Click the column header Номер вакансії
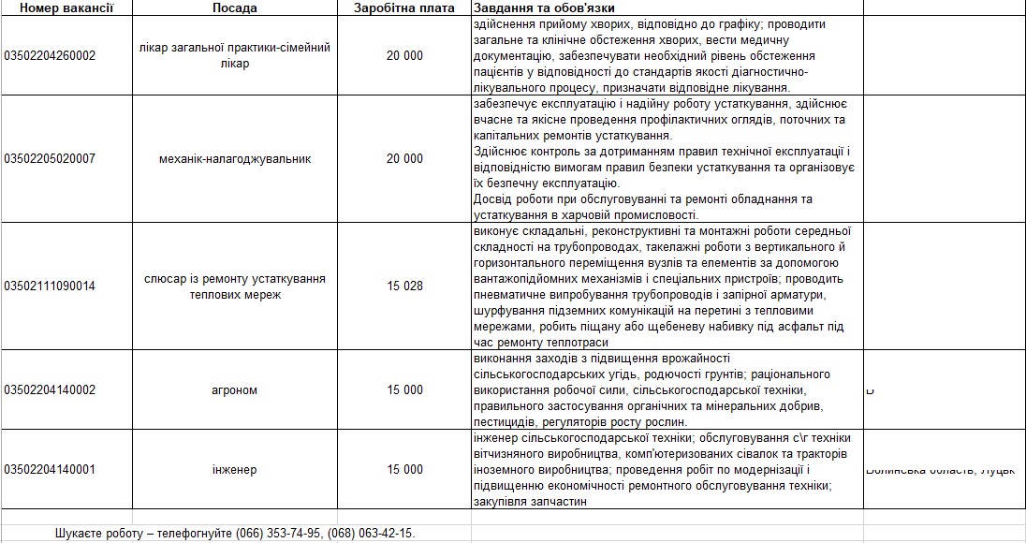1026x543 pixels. (x=66, y=7)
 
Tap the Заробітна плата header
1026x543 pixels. (x=404, y=7)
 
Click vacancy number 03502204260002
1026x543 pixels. (x=50, y=55)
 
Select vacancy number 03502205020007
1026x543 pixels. (x=50, y=158)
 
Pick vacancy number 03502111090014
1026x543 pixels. (x=50, y=286)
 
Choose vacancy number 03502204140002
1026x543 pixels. (x=50, y=389)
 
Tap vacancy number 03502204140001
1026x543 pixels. (x=50, y=469)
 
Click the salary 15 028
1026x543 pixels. (x=404, y=286)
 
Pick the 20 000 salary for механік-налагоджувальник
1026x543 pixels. (x=404, y=158)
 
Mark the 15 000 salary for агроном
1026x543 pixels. (x=404, y=389)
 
